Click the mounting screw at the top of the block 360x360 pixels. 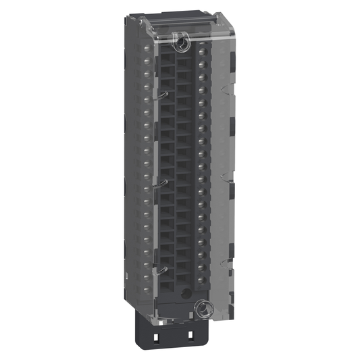click(x=181, y=45)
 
